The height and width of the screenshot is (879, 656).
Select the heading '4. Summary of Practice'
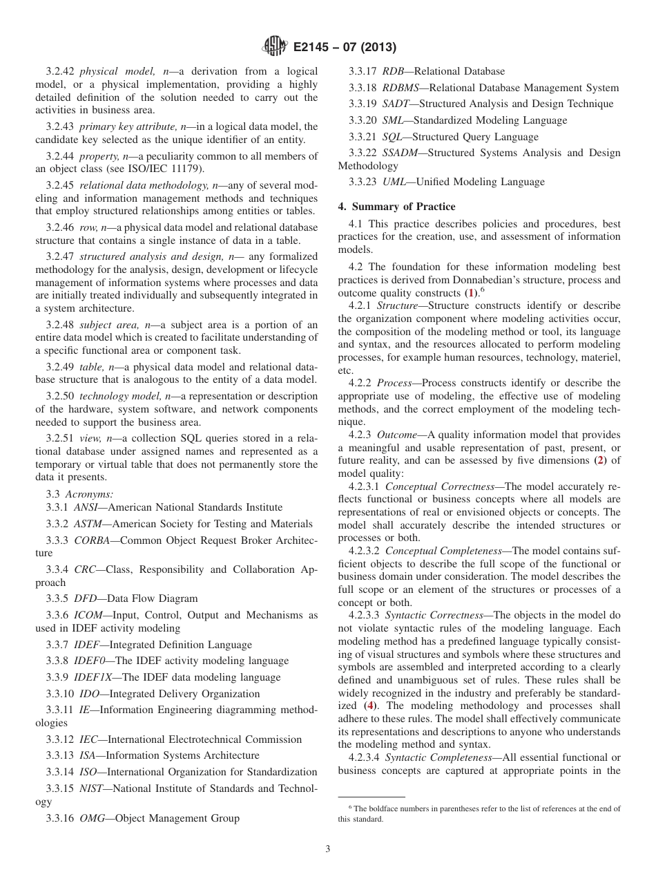point(396,207)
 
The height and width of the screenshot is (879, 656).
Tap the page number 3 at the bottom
point(327,849)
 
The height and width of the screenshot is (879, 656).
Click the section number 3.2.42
point(61,71)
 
